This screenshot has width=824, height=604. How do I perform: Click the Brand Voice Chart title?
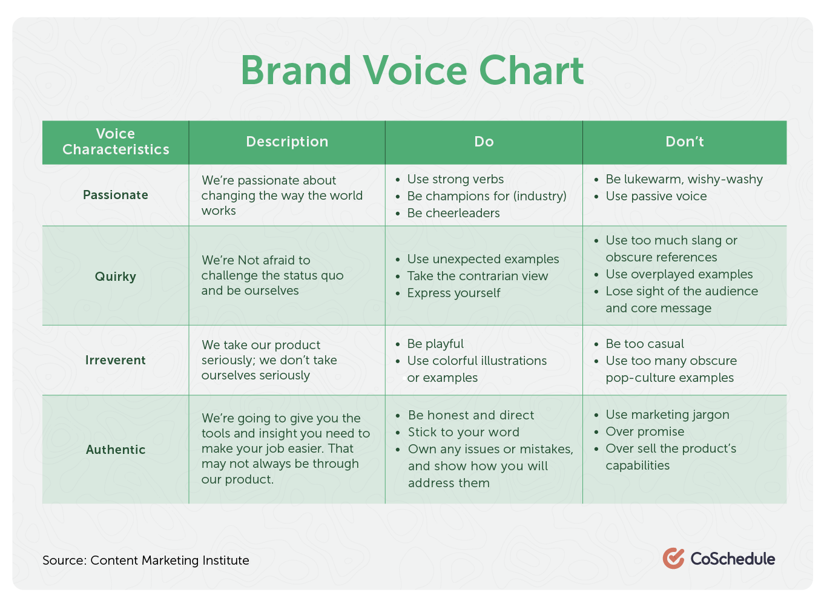[412, 70]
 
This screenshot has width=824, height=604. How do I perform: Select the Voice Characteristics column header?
[116, 142]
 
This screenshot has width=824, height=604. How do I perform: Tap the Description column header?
[287, 142]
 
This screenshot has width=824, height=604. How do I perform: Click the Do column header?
[484, 142]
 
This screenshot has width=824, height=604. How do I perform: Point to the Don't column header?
[684, 142]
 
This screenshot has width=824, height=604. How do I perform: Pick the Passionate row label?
[116, 195]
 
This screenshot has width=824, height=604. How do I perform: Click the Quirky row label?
[116, 277]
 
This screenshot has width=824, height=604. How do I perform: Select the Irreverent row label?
[116, 360]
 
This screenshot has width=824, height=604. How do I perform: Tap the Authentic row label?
[116, 450]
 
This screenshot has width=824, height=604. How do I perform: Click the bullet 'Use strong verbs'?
[455, 179]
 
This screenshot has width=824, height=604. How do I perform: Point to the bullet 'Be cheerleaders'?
[453, 213]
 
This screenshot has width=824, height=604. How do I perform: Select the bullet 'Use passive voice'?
[656, 196]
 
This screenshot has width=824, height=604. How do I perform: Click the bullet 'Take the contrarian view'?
[478, 276]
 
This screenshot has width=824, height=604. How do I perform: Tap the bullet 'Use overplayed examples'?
[679, 274]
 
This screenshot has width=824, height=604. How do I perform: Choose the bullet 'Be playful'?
[435, 344]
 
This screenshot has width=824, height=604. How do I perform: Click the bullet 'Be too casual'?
[645, 344]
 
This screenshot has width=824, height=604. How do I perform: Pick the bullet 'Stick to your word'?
[464, 432]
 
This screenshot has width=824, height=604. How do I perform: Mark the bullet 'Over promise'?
[645, 432]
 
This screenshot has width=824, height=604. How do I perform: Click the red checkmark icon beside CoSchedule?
[673, 559]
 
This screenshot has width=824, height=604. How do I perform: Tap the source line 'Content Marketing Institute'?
[170, 560]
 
